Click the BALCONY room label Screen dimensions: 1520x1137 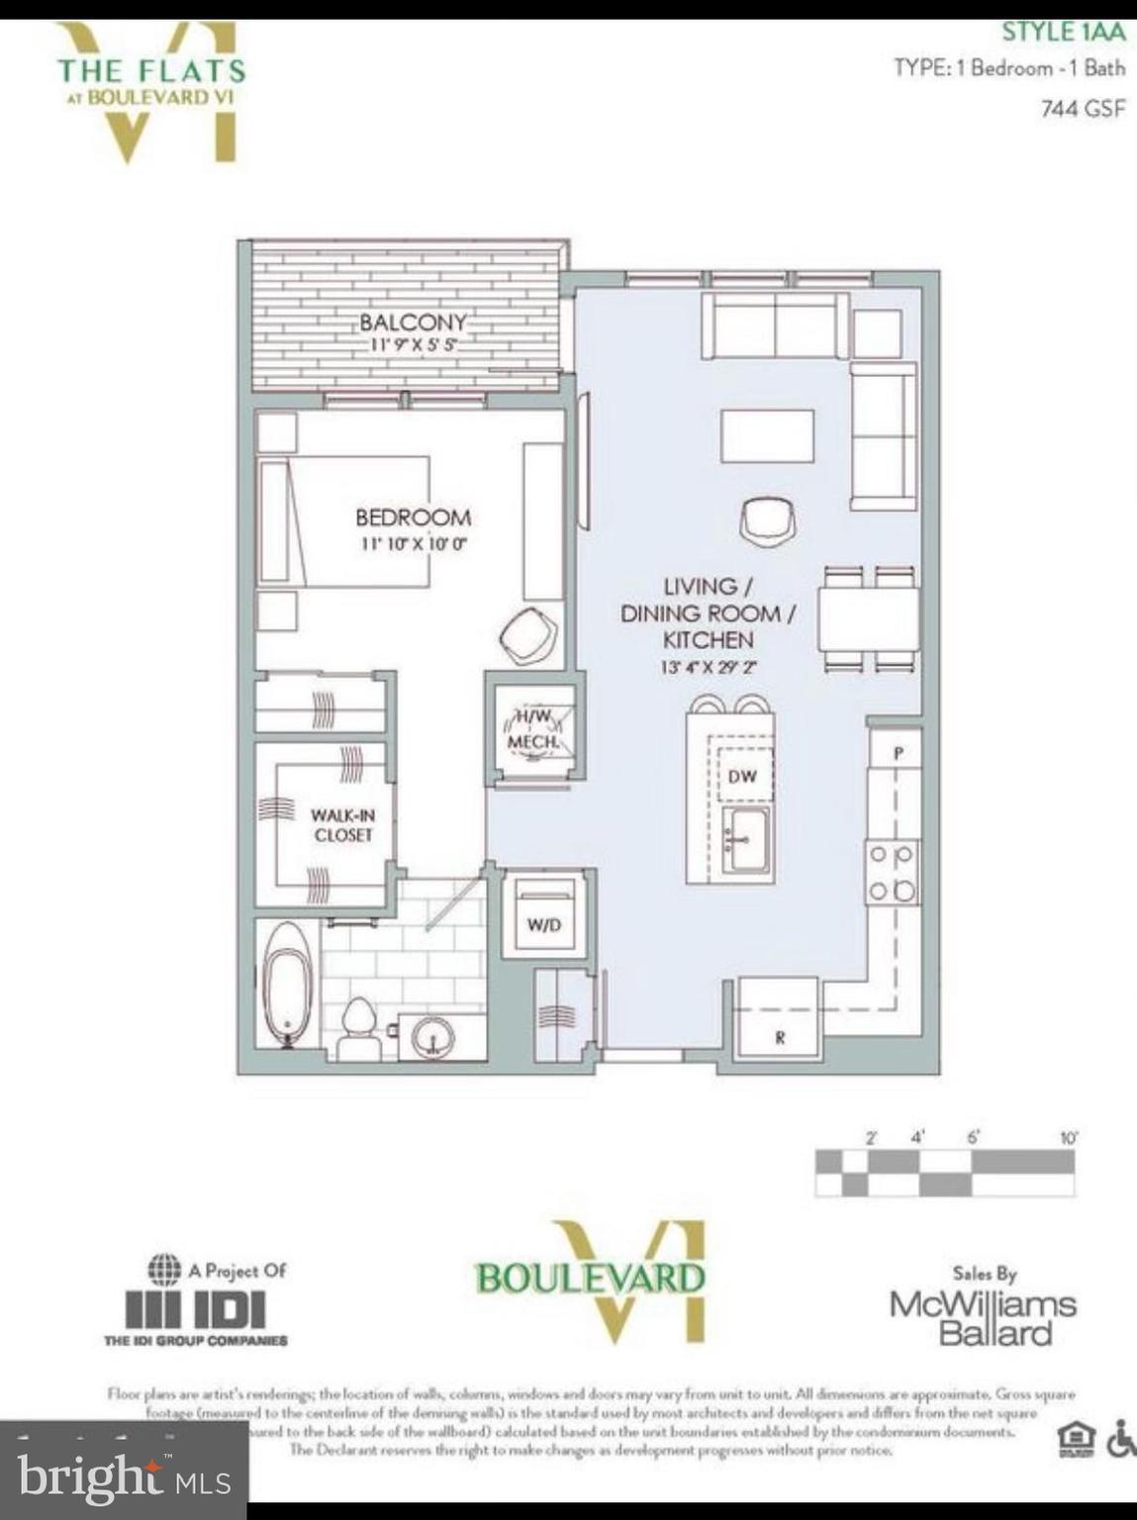(412, 323)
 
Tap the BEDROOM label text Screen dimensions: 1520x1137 (413, 517)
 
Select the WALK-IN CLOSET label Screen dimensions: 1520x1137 (342, 825)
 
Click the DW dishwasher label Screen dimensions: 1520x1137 (741, 777)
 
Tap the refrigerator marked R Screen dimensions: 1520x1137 (780, 1019)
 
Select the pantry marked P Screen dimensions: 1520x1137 (898, 753)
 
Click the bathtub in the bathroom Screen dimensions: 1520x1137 (288, 984)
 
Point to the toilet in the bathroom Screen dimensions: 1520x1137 (358, 1029)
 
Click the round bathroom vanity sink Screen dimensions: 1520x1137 (431, 1037)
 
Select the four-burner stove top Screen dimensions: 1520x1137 (892, 873)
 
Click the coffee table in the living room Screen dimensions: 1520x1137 (767, 436)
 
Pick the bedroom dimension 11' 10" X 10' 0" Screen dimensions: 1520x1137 (413, 543)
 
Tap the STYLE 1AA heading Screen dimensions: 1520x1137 (1063, 32)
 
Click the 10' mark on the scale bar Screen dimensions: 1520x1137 (1068, 1138)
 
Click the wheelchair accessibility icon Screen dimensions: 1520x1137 (1120, 1439)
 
